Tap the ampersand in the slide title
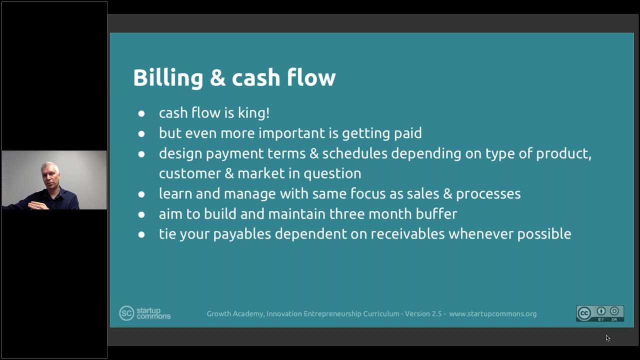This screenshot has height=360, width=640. coord(217,77)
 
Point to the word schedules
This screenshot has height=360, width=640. coord(355,153)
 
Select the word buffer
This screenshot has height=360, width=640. coord(436,213)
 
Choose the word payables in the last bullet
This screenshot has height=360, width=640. coord(242,234)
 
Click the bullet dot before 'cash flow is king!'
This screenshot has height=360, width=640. coord(141,114)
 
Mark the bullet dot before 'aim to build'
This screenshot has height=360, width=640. coord(141,215)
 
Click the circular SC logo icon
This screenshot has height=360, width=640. coord(126,313)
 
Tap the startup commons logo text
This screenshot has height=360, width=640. coord(153,313)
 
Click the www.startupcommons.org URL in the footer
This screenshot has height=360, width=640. coord(493,314)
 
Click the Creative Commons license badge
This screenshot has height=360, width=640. coord(600,313)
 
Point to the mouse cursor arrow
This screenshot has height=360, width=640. coord(607,338)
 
